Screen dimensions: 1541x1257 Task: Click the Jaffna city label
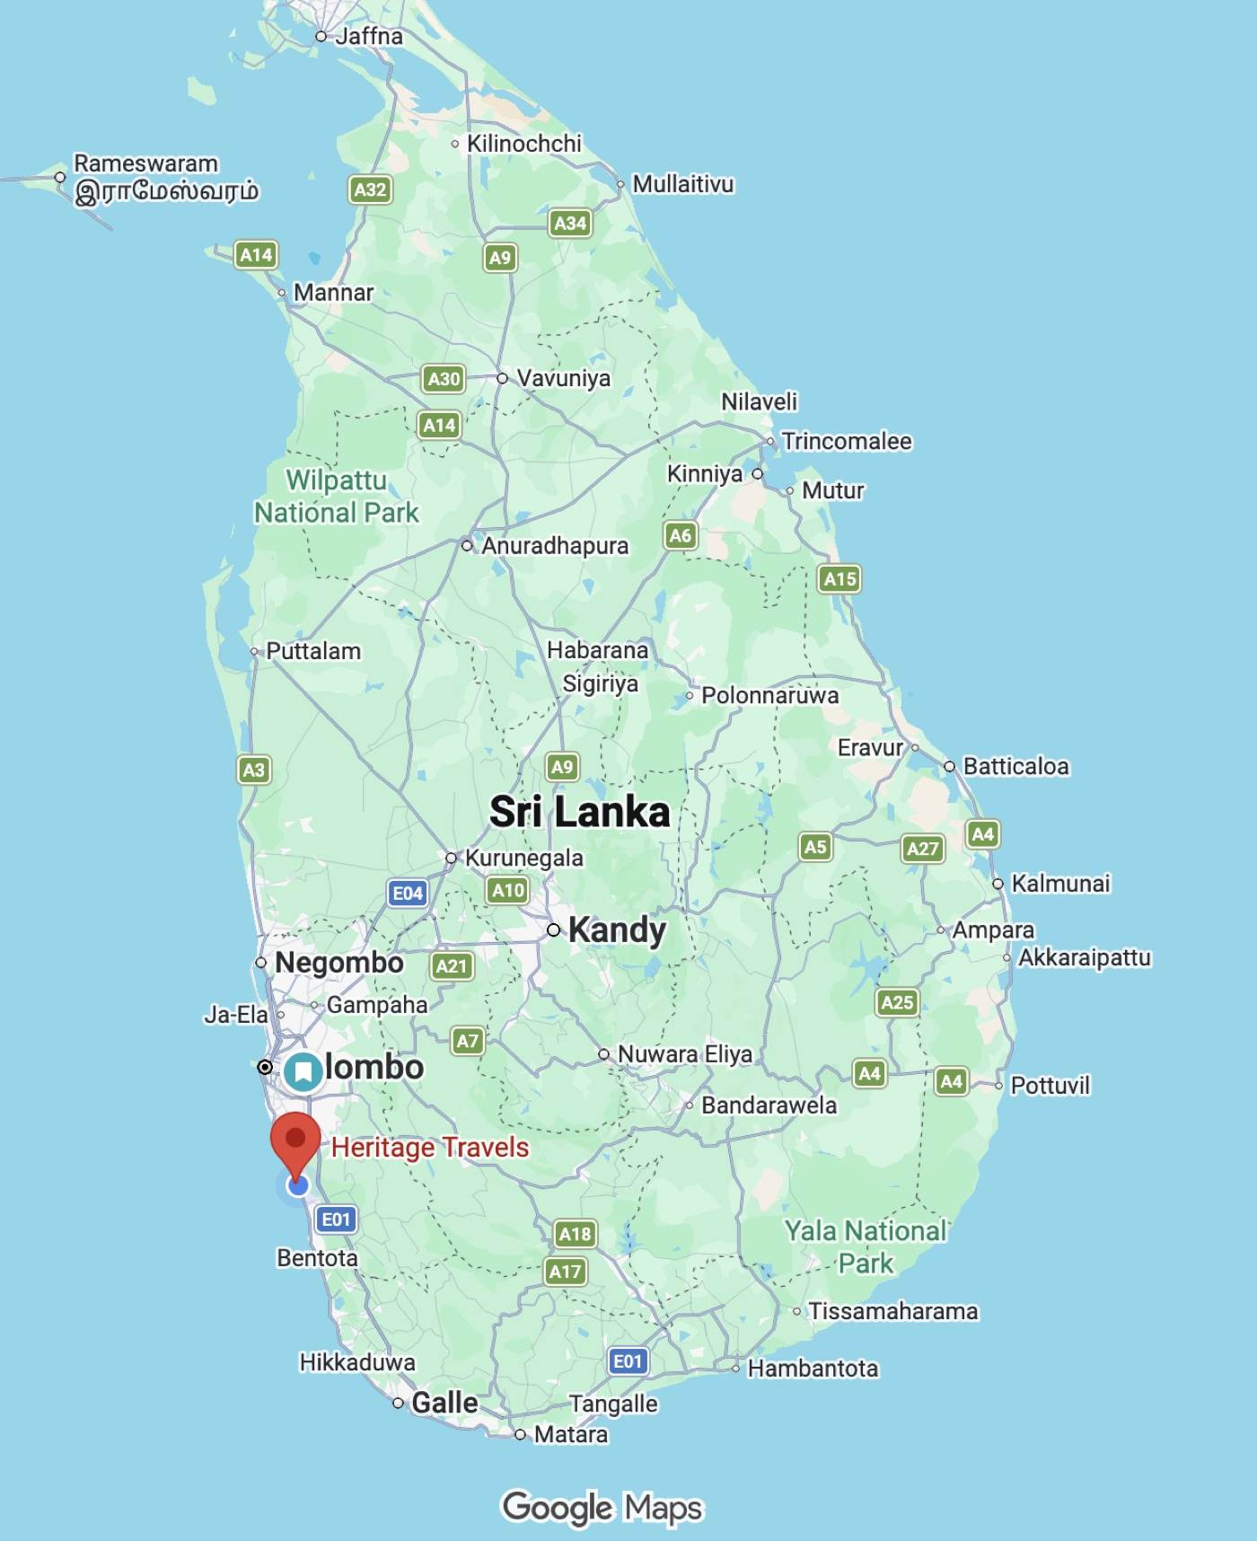(x=368, y=36)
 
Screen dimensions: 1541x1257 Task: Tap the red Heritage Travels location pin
(x=295, y=1140)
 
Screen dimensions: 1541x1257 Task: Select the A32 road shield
(x=370, y=189)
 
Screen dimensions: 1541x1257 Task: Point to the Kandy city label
(x=617, y=929)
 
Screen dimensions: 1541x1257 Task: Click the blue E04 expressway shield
(x=408, y=893)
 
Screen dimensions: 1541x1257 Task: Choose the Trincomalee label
(x=846, y=441)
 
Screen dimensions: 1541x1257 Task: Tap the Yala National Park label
(x=866, y=1246)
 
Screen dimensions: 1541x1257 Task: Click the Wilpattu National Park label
(x=337, y=496)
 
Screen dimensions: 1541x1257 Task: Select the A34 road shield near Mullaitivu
(x=570, y=223)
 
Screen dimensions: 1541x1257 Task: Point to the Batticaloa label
(x=1015, y=766)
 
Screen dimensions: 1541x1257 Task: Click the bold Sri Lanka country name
(x=580, y=812)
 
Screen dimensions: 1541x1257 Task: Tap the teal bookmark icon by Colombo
(x=303, y=1071)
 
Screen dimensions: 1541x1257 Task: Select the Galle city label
(x=444, y=1403)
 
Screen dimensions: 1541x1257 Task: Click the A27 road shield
(x=922, y=849)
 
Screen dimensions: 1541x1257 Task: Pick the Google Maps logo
(x=602, y=1507)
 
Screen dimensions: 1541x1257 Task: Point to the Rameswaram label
(x=145, y=163)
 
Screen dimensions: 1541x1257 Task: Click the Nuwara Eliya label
(x=684, y=1053)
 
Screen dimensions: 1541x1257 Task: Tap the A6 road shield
(x=681, y=536)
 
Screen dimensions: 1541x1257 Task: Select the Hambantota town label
(x=813, y=1368)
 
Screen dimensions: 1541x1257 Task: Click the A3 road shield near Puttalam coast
(x=254, y=770)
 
